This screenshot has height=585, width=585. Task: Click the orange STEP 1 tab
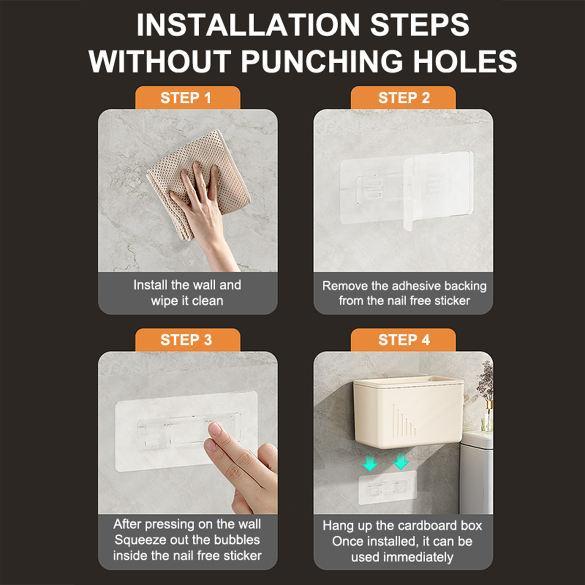click(x=188, y=98)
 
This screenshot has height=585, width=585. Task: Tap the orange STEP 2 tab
click(x=403, y=98)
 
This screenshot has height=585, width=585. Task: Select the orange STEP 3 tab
click(x=188, y=340)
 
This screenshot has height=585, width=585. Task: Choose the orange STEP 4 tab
click(x=403, y=340)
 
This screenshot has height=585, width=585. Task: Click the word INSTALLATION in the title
click(x=249, y=24)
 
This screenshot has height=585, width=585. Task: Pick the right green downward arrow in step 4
click(x=401, y=461)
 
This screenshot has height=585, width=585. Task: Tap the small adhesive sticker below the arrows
click(x=388, y=487)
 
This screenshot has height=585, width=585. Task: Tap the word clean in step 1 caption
click(x=207, y=301)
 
